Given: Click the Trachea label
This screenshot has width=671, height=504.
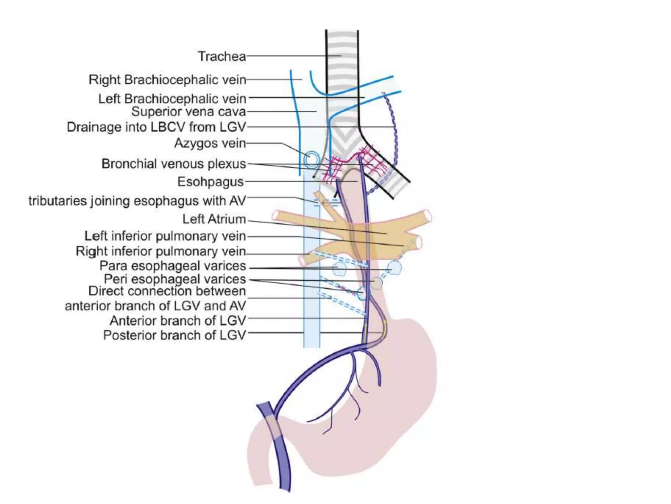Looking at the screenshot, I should [222, 56].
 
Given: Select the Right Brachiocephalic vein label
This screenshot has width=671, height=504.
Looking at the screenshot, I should [167, 80].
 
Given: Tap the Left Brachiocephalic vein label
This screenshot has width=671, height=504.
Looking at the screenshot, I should [172, 98].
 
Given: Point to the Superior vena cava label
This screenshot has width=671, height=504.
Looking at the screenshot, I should [188, 112].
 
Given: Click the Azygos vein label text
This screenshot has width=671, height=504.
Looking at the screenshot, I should [210, 143].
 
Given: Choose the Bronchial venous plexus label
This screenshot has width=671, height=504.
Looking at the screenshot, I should [174, 164].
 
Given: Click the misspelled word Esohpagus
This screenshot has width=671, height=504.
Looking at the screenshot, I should [211, 182].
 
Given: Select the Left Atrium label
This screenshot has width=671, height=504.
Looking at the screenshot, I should [214, 219].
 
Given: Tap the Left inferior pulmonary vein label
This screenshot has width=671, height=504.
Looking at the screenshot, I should [165, 236].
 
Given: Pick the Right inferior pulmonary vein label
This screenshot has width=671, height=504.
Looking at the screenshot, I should [161, 251].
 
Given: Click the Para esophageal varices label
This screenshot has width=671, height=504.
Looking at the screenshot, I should [173, 266].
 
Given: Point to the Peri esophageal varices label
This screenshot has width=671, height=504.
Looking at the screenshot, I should [175, 279].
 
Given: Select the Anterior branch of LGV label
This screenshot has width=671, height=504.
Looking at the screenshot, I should [178, 321].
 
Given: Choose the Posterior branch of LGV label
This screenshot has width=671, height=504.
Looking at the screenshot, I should [174, 335].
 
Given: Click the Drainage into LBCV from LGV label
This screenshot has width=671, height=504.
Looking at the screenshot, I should [156, 127].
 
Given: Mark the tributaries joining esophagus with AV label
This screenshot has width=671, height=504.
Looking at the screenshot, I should [137, 201].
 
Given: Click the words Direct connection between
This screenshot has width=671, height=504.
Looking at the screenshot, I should [167, 291].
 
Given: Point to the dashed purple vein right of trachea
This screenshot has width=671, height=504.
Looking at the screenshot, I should [394, 131].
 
